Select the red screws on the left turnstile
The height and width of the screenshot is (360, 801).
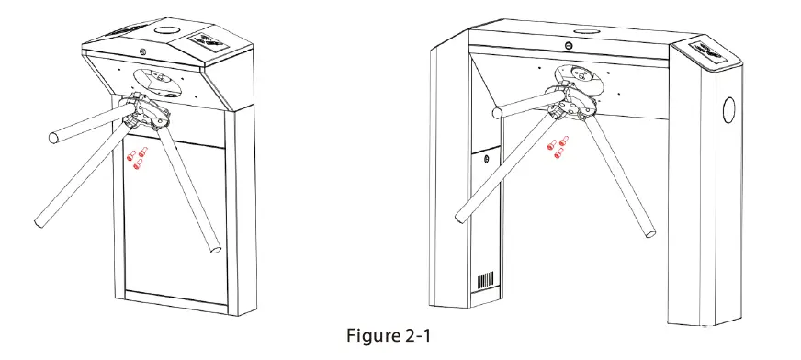(137, 159)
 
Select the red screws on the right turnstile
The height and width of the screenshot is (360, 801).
(558, 146)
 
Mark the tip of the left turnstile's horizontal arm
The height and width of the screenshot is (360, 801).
(53, 138)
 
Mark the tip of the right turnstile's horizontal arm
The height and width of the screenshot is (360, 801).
(497, 113)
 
